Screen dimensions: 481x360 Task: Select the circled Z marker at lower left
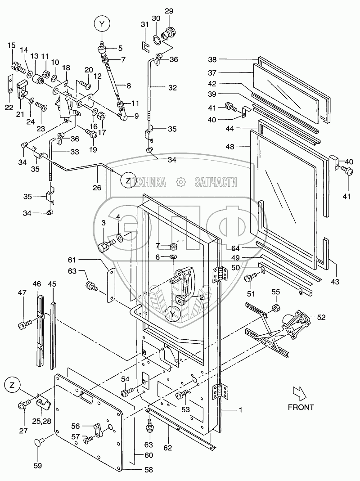[13, 386]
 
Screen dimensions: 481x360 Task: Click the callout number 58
[148, 470]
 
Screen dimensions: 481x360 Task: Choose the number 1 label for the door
[240, 410]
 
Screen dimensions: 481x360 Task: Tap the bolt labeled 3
[104, 246]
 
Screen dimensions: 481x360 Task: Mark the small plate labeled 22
[9, 85]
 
